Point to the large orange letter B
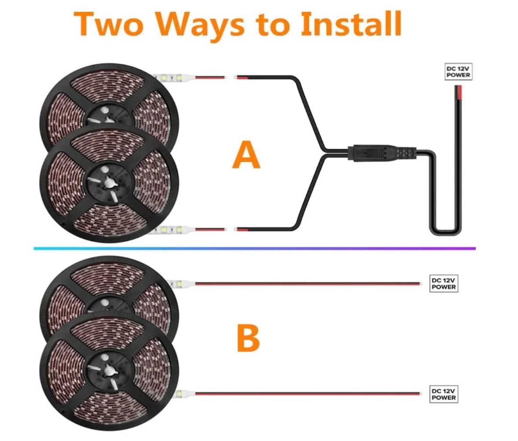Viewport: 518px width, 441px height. pos(248,338)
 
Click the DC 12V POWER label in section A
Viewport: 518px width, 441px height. pos(458,72)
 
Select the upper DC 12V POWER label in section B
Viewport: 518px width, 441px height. pos(444,283)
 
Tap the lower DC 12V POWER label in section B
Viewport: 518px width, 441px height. pos(444,394)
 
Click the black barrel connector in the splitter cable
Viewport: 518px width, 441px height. pos(382,153)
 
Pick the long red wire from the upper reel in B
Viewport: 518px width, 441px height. pos(308,283)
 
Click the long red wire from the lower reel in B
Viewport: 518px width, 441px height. pos(308,394)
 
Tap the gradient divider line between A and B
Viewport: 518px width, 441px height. pos(254,248)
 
